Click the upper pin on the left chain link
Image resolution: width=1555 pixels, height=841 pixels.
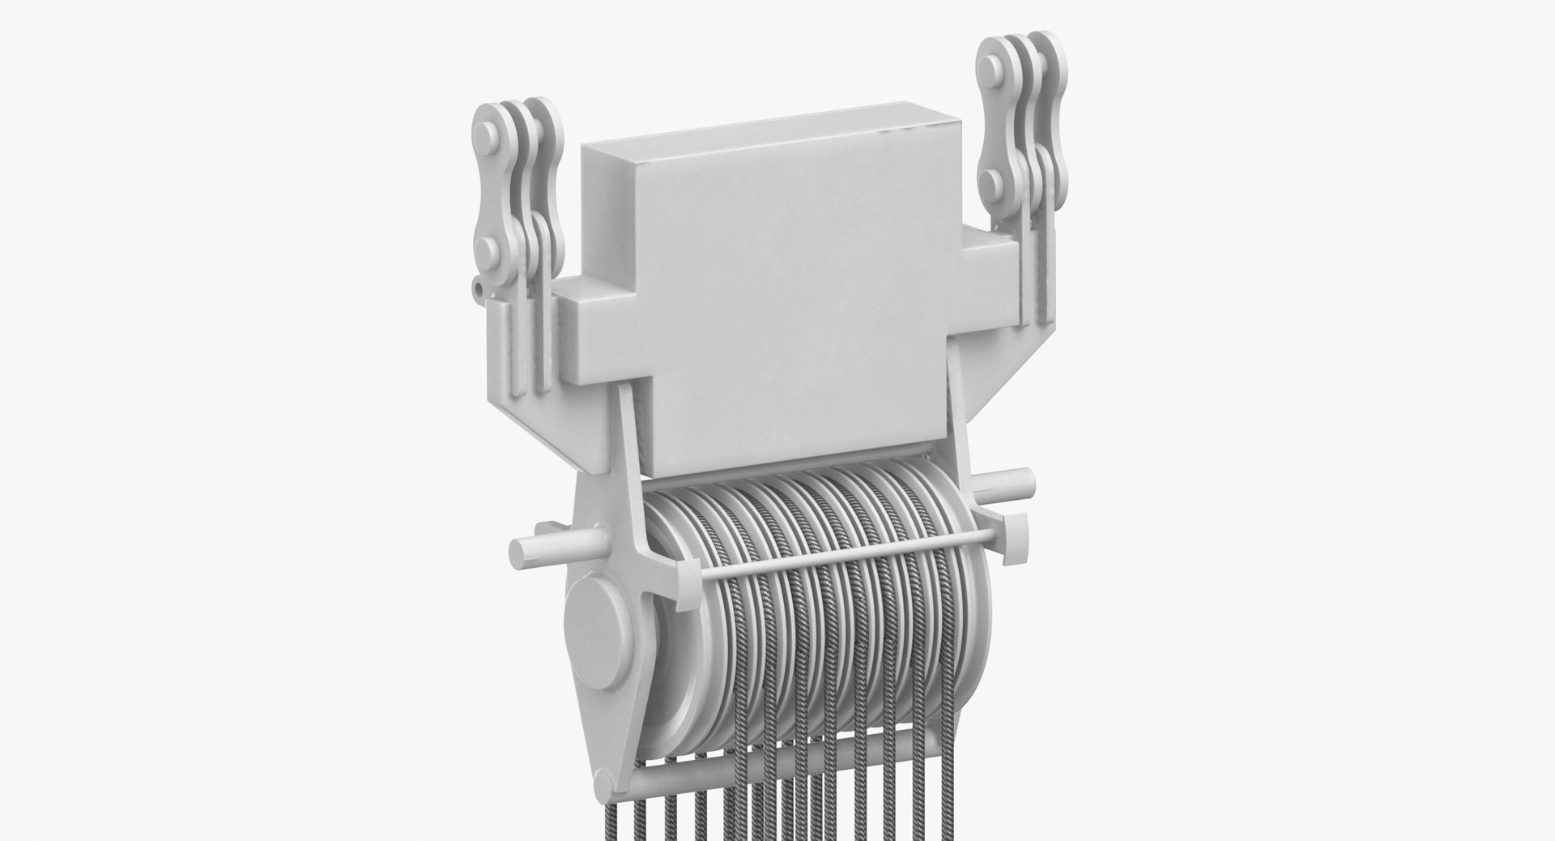point(484,130)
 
